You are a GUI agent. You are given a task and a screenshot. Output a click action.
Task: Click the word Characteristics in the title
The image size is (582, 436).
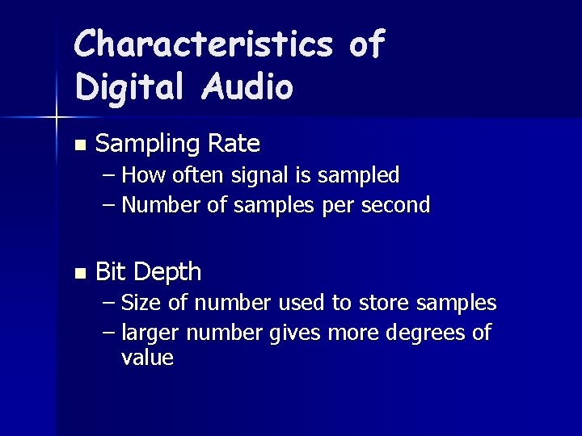(203, 44)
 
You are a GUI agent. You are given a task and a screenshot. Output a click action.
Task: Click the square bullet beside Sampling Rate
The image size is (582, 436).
(78, 145)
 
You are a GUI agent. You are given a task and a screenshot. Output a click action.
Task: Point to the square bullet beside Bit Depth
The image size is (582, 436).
(78, 273)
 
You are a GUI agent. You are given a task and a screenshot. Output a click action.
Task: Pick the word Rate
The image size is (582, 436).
(234, 144)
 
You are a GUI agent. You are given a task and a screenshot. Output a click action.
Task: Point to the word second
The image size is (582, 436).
(397, 205)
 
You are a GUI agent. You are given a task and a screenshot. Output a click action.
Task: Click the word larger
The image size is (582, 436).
(150, 333)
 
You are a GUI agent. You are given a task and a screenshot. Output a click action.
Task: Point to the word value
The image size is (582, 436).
(147, 358)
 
